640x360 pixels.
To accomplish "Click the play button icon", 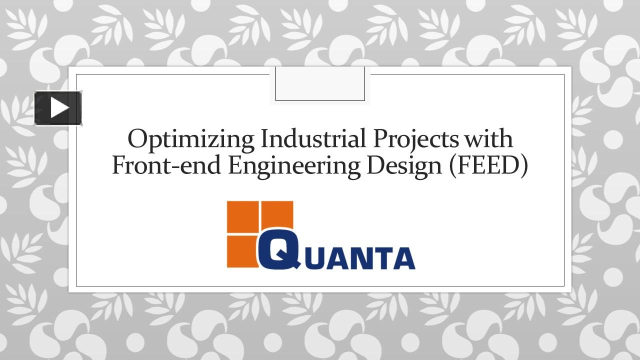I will point(58,108).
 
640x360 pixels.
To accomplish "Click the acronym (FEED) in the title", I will point(488,166).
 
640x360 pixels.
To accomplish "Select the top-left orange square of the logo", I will point(242,216).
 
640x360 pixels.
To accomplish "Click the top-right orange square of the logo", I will point(277,216).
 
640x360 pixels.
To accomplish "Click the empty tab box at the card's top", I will point(320,84).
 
